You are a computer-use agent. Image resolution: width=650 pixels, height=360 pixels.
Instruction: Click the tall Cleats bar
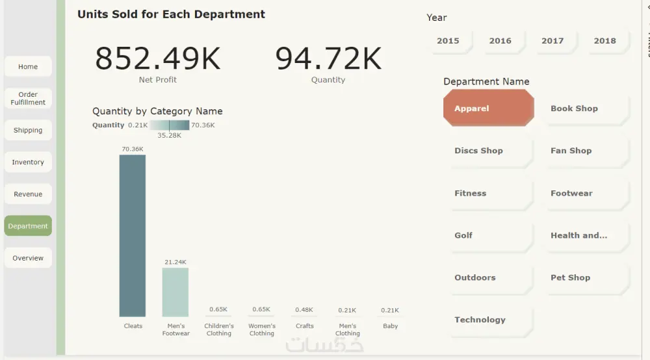point(133,235)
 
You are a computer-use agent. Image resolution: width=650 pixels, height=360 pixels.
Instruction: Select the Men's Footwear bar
point(175,292)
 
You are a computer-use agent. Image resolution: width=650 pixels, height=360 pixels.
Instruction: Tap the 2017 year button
point(552,40)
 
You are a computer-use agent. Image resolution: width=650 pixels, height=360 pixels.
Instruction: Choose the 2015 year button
point(448,40)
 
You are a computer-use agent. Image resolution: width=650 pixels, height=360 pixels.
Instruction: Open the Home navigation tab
point(28,67)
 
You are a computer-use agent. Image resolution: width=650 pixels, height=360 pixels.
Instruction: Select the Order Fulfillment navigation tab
point(28,98)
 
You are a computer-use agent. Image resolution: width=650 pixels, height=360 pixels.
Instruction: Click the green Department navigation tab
point(28,226)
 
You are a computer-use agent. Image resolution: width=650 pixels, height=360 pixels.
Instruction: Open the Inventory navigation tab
point(28,162)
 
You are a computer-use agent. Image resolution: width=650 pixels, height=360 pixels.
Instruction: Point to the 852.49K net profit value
point(158,58)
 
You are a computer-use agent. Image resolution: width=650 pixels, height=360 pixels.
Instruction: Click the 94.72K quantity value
point(328,58)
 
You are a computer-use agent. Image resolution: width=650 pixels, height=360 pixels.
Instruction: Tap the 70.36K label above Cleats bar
point(133,149)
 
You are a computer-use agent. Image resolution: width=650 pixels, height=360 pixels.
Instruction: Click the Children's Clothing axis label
point(219,329)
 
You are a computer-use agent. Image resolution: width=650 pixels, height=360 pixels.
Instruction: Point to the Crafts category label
point(304,326)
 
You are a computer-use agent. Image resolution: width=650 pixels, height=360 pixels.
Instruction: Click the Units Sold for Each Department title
point(171,14)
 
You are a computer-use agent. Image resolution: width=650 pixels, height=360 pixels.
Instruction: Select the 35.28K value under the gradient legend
point(169,135)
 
